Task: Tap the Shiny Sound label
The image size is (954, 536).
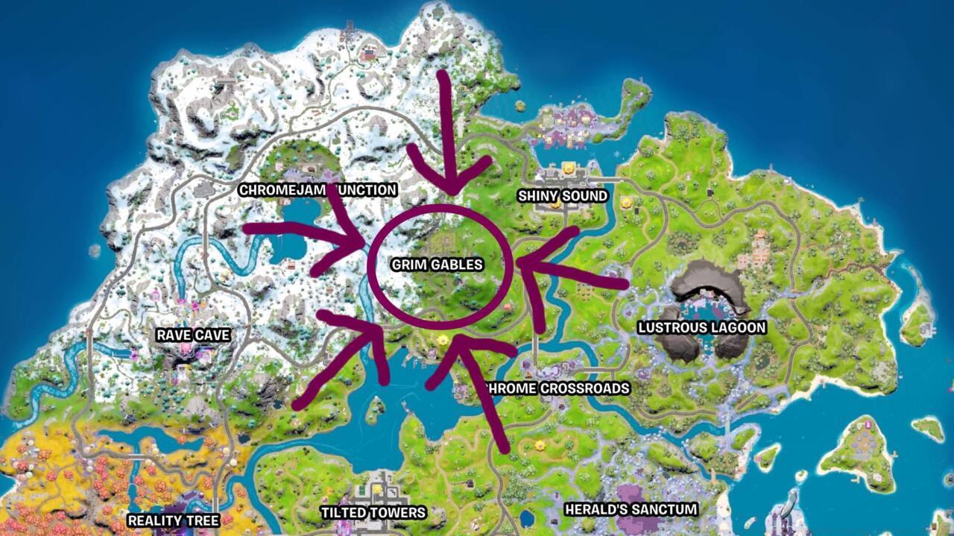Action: [563, 196]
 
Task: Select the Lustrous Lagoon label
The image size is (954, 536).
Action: [702, 327]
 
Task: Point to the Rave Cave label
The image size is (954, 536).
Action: [193, 335]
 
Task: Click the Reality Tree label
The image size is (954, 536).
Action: [173, 520]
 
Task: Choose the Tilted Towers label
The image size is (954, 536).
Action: [373, 513]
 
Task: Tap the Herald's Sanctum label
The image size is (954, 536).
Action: [631, 510]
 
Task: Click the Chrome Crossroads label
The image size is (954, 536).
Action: [557, 388]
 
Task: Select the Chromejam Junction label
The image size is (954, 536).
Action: [318, 190]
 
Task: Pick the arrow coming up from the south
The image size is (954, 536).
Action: [484, 395]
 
